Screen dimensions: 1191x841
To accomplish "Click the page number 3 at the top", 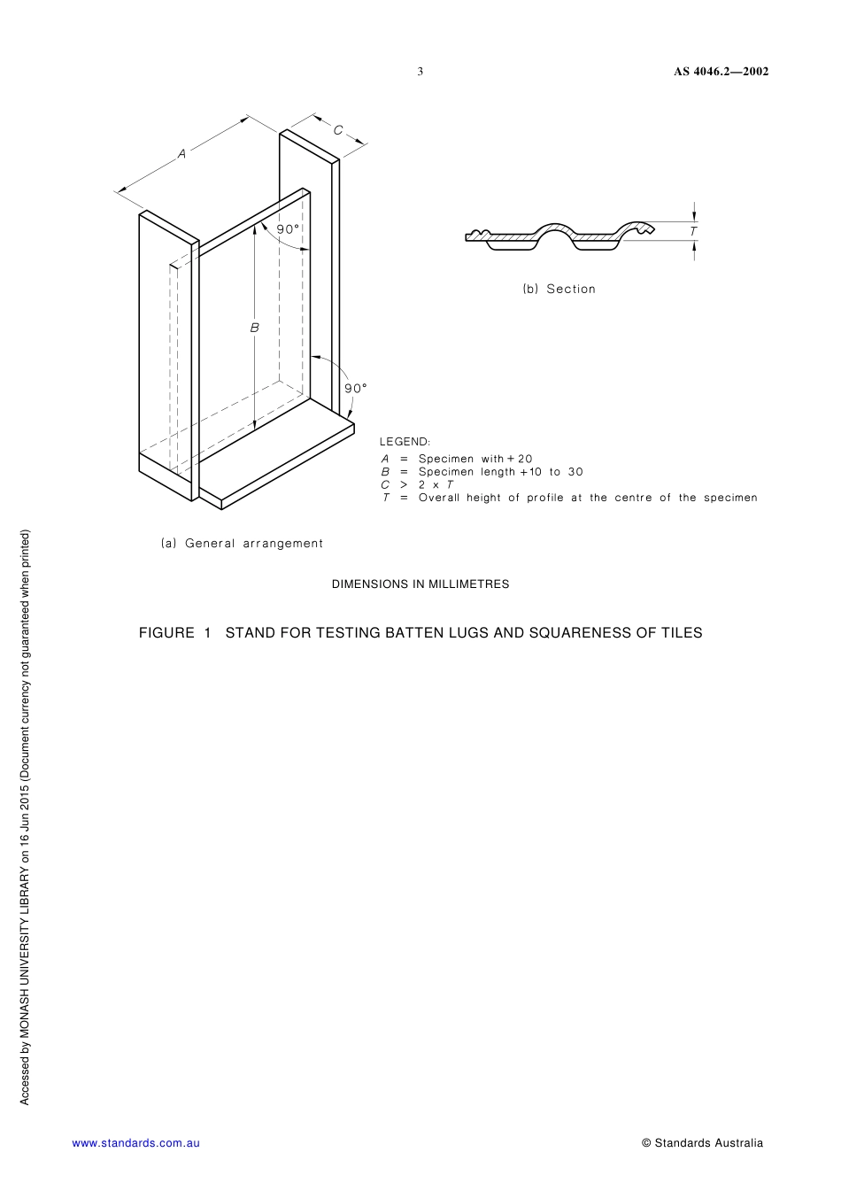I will (x=420, y=72).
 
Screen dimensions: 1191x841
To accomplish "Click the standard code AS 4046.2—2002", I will (x=721, y=72).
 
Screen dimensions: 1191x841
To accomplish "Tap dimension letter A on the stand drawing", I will (x=182, y=154).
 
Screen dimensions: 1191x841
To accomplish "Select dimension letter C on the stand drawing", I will (x=338, y=130).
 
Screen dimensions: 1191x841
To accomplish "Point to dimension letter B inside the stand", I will (x=255, y=328).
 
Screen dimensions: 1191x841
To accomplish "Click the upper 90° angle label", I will (x=289, y=229).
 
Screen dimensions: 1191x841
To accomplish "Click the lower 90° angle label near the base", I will (x=356, y=388).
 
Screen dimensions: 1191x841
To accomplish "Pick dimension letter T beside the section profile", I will (x=693, y=231).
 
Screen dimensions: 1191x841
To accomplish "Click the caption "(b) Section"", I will (x=559, y=289).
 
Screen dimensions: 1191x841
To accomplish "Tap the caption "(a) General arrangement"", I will (x=242, y=544).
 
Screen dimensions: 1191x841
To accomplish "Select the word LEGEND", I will (x=405, y=442).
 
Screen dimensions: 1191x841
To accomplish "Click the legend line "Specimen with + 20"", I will (x=475, y=459).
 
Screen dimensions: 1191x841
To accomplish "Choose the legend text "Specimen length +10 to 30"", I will (x=500, y=472).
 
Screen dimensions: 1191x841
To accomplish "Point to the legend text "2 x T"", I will (x=436, y=484).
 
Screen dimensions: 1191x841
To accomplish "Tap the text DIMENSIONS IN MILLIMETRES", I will (x=420, y=584).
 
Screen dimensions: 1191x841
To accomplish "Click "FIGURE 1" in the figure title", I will (x=175, y=633).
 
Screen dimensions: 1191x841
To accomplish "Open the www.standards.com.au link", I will (x=135, y=1143).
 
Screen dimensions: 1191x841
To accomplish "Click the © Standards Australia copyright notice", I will (x=702, y=1143).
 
